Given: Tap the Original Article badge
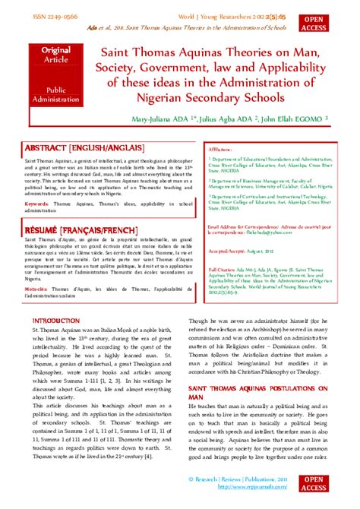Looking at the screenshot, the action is [x=55, y=55].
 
